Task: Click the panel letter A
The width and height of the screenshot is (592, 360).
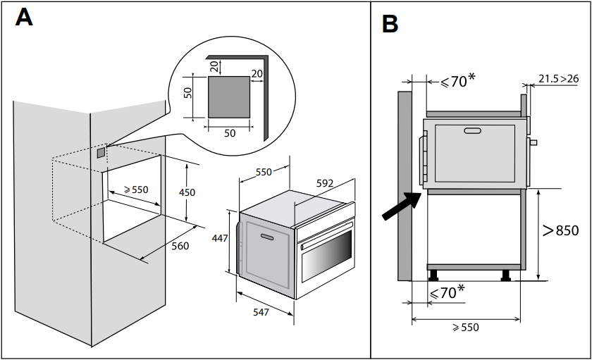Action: point(24,17)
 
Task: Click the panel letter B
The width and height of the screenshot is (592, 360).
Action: point(390,23)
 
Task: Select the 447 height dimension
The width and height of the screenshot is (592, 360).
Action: point(220,238)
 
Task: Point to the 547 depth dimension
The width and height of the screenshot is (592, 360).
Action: point(261,311)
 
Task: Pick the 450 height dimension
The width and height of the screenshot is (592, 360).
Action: point(187,192)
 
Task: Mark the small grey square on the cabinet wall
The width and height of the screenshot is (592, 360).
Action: point(101,151)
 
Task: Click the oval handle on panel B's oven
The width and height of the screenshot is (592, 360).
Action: point(472,130)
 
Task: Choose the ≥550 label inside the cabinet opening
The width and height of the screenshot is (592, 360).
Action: point(136,190)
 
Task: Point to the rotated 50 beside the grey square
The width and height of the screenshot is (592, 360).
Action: point(188,93)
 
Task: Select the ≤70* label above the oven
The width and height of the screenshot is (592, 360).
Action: point(457,82)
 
